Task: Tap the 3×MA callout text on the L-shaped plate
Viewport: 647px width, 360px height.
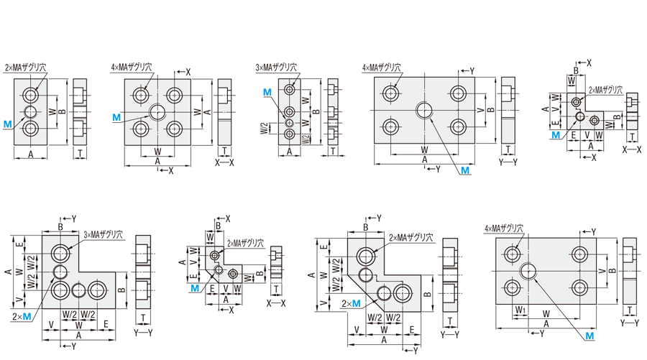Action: [x=104, y=234]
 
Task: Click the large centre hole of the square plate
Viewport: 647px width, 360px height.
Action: [x=158, y=111]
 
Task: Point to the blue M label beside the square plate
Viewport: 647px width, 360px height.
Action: [x=116, y=116]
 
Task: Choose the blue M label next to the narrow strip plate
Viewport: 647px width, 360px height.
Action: [x=267, y=93]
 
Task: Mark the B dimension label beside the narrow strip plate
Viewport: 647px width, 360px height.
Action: [x=317, y=111]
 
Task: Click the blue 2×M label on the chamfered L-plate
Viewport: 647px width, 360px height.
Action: [x=351, y=304]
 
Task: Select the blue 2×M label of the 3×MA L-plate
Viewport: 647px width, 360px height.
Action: [x=22, y=316]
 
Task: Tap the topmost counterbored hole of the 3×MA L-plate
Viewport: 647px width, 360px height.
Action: [x=60, y=253]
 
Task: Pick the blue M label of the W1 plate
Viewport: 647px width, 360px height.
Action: [x=589, y=336]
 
